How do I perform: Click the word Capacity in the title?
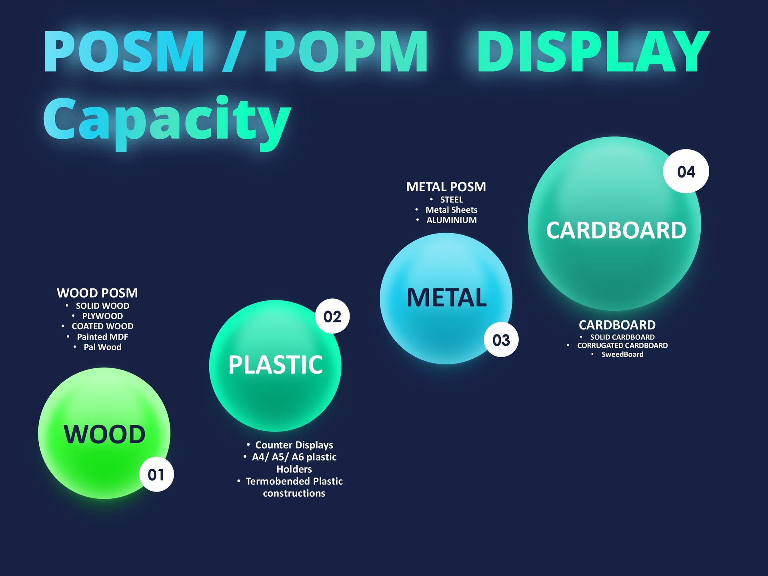[x=167, y=120]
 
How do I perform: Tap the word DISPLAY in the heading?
[x=593, y=52]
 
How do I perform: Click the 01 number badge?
[x=156, y=474]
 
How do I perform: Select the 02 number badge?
[x=332, y=316]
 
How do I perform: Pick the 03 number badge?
[x=501, y=340]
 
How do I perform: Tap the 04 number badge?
[x=686, y=172]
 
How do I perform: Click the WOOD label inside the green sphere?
[x=104, y=434]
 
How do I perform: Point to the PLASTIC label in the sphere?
[x=276, y=365]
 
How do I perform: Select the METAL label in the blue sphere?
[x=446, y=298]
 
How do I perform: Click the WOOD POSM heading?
[x=97, y=293]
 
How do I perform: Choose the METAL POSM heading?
[x=446, y=187]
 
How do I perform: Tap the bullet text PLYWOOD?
[x=102, y=316]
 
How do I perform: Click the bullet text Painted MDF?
[x=102, y=337]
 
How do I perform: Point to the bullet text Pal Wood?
[x=102, y=347]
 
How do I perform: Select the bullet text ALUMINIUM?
[x=452, y=220]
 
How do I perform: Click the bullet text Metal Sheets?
[x=452, y=210]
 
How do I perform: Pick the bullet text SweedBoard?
[x=622, y=354]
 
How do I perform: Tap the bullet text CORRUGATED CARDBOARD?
[x=622, y=346]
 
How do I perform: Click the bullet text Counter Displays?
[x=294, y=445]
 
